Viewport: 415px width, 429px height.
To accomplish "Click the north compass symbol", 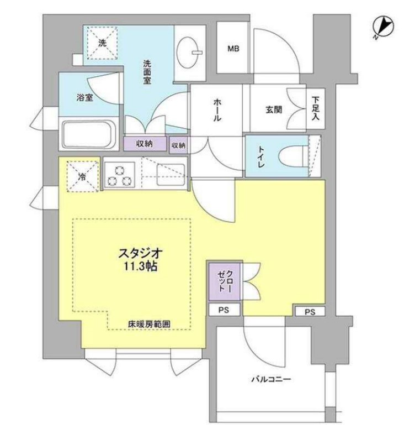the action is (384, 27).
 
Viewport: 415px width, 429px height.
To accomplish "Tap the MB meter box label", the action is (233, 49).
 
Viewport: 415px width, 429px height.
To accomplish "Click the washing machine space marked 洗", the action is (102, 43).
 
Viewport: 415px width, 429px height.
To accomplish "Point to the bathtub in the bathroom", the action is (88, 135).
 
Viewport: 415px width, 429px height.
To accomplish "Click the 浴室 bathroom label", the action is (84, 97).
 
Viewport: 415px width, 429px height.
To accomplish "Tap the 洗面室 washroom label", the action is (147, 72).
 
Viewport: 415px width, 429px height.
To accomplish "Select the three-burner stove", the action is (119, 175).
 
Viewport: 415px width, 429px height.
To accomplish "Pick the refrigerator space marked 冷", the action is (82, 176).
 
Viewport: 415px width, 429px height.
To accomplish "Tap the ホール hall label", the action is (217, 110).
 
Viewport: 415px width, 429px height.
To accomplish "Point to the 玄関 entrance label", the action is (274, 109).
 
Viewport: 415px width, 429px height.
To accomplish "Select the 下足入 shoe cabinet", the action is (316, 108).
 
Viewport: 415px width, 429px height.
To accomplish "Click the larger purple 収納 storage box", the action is (145, 144).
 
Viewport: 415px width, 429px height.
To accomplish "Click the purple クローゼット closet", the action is (225, 281).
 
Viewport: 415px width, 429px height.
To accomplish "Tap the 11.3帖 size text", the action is (141, 266).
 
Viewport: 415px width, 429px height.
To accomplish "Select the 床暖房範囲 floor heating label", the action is (149, 324).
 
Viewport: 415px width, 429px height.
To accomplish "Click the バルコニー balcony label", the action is (271, 379).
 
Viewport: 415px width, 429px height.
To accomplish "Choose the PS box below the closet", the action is (225, 310).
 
